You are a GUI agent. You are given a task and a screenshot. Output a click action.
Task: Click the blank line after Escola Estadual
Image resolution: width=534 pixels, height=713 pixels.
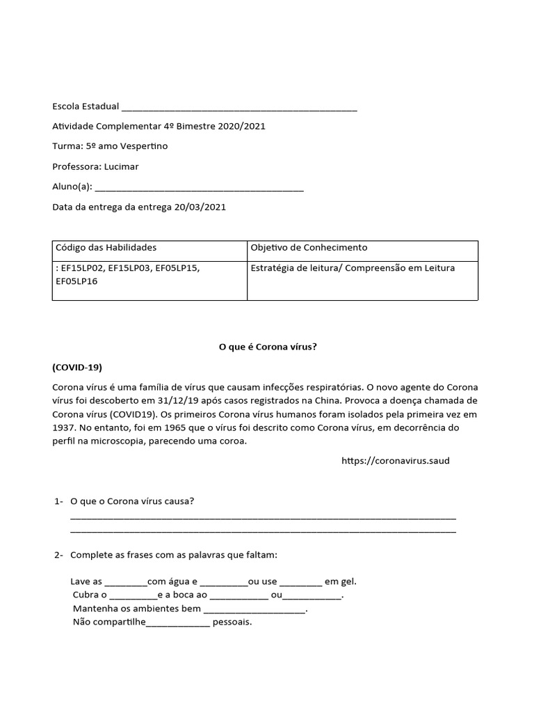[x=239, y=109]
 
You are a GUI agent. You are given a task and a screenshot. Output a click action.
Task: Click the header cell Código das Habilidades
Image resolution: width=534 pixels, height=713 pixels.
[x=105, y=248]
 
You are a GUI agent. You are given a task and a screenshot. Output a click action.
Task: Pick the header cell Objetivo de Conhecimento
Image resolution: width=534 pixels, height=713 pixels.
[x=309, y=248]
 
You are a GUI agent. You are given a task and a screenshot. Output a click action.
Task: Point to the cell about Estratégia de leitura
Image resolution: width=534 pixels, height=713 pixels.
[x=353, y=268]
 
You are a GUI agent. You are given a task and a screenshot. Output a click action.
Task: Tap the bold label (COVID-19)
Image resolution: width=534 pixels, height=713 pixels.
[x=77, y=367]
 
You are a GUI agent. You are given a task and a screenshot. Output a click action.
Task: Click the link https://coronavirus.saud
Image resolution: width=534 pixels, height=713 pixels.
[x=396, y=461]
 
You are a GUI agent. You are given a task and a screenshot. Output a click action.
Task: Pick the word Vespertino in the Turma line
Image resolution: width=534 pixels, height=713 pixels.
[x=143, y=147]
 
